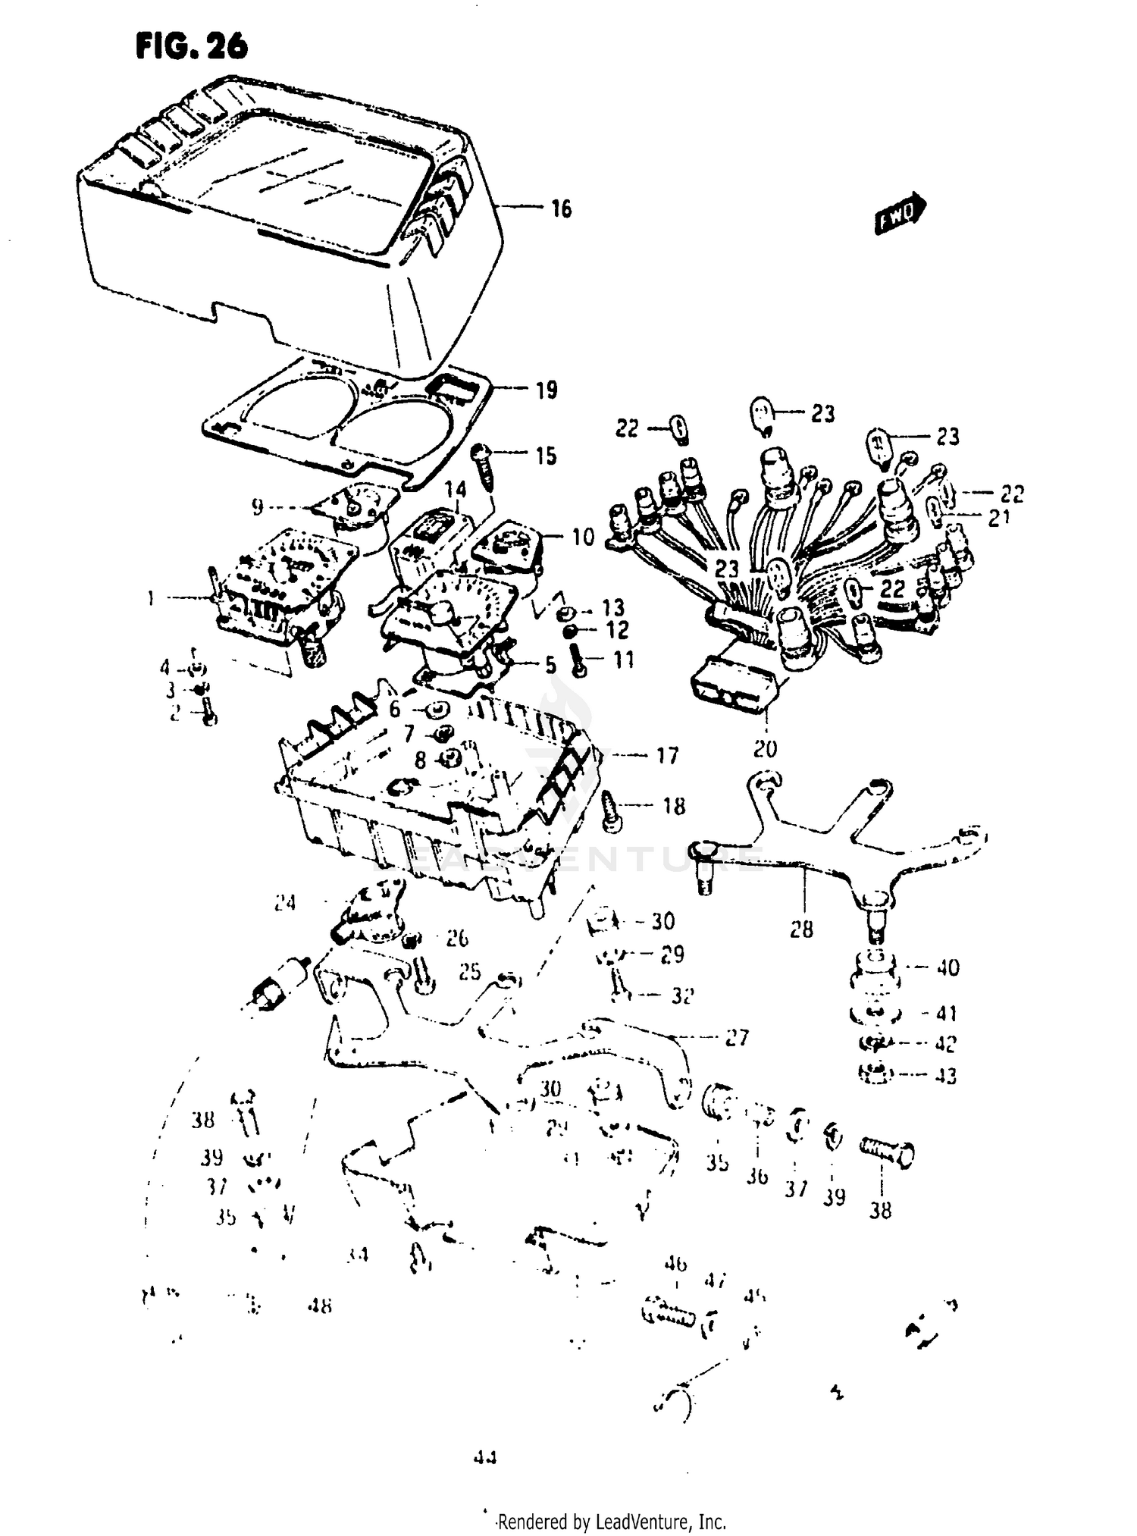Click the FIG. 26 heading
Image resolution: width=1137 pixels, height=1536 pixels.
click(192, 47)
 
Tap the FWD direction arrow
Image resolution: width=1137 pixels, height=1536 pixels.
click(901, 213)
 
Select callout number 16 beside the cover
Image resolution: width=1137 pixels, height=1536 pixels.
click(561, 208)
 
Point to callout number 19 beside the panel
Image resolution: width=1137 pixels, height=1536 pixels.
click(546, 390)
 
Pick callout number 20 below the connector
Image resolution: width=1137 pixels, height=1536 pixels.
click(765, 749)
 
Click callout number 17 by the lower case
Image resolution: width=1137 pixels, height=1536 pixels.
click(666, 755)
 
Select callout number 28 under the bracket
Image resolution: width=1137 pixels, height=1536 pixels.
click(801, 928)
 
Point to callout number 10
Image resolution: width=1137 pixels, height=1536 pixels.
click(582, 538)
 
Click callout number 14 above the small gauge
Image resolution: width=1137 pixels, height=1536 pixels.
click(455, 489)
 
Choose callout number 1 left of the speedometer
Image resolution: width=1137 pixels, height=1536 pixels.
click(151, 599)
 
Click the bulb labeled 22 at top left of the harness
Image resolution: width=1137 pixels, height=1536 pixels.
click(681, 430)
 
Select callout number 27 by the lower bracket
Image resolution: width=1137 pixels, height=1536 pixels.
click(738, 1037)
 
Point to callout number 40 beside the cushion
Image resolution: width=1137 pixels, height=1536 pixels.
click(947, 967)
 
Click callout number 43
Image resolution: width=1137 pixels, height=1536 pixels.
click(945, 1075)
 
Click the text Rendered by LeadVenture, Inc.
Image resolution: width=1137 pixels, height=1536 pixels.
click(611, 1520)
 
